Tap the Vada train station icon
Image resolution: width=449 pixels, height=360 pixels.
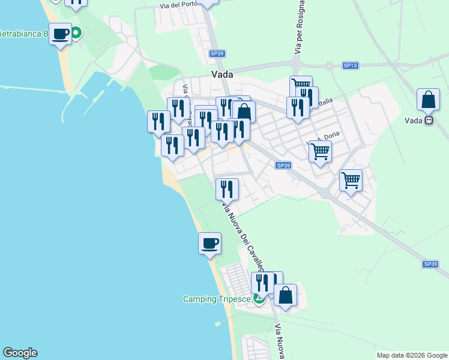pos(429,120)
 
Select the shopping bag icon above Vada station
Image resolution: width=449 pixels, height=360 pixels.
pos(428,100)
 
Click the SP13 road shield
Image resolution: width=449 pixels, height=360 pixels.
pos(350,65)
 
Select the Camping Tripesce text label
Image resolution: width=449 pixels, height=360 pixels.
pos(217,299)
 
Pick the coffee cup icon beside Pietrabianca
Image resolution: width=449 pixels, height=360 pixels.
pos(60,34)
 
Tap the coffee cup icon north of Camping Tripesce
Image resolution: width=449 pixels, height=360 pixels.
pos(209,243)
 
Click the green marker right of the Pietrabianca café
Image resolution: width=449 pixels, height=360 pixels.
pos(76,34)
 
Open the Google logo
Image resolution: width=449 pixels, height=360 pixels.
pos(20,353)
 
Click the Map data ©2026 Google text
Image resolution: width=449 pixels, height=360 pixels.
pos(411,355)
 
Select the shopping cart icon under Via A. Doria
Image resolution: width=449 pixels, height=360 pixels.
pos(320,151)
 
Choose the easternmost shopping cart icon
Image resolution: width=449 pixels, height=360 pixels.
pos(351,179)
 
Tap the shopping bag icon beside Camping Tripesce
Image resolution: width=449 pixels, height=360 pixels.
pos(285,295)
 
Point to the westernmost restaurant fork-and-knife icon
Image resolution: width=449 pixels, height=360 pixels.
pos(158,121)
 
